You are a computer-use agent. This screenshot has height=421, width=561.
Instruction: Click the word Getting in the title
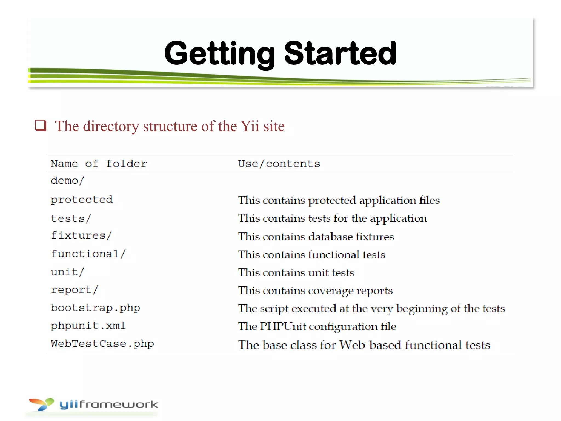pyautogui.click(x=219, y=53)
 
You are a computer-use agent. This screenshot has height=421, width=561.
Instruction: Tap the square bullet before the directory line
pyautogui.click(x=41, y=126)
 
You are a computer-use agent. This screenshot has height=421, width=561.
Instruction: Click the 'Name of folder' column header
pyautogui.click(x=99, y=164)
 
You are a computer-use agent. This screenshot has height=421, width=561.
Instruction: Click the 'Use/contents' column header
pyautogui.click(x=279, y=164)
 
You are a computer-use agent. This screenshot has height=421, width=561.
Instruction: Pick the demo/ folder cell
pyautogui.click(x=67, y=181)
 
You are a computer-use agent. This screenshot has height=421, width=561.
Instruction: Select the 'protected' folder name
pyautogui.click(x=82, y=200)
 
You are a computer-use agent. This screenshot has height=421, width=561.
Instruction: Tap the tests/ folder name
pyautogui.click(x=71, y=218)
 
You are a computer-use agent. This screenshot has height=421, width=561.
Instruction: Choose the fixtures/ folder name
pyautogui.click(x=81, y=235)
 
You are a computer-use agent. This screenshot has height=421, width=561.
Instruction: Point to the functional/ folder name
pyautogui.click(x=88, y=254)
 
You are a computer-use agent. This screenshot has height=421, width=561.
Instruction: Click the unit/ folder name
pyautogui.click(x=67, y=272)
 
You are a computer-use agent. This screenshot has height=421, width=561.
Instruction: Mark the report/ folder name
pyautogui.click(x=74, y=290)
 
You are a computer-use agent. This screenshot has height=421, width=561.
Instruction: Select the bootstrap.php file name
pyautogui.click(x=95, y=308)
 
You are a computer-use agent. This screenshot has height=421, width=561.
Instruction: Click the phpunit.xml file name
pyautogui.click(x=88, y=326)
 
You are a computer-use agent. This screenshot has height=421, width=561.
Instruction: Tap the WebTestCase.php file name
pyautogui.click(x=102, y=344)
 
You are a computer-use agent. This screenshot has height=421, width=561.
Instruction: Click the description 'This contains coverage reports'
pyautogui.click(x=315, y=291)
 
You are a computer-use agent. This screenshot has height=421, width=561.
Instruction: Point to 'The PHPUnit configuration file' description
pyautogui.click(x=317, y=326)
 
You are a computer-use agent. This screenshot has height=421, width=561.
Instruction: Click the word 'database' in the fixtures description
pyautogui.click(x=330, y=237)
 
